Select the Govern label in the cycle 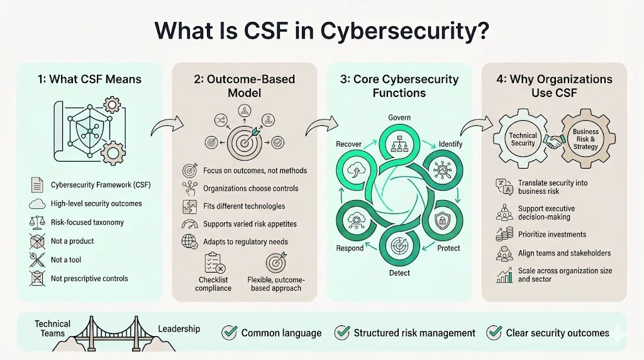(x=399, y=116)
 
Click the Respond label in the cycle (x=350, y=248)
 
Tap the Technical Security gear (x=523, y=139)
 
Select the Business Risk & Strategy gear (x=586, y=139)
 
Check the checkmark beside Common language (x=230, y=332)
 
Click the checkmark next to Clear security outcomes (x=494, y=332)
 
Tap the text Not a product (x=72, y=241)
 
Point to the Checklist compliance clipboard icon (x=212, y=262)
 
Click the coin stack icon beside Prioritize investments (x=504, y=234)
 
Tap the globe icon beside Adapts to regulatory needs (x=189, y=242)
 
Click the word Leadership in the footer (x=179, y=329)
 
